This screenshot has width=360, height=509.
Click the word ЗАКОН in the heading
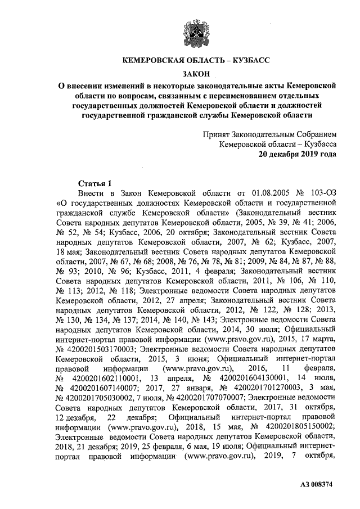point(197,74)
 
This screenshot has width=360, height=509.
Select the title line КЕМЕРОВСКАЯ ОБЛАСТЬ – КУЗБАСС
point(197,60)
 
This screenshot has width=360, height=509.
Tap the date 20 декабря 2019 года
point(297,155)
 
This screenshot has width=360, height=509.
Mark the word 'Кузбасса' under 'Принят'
point(318,145)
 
